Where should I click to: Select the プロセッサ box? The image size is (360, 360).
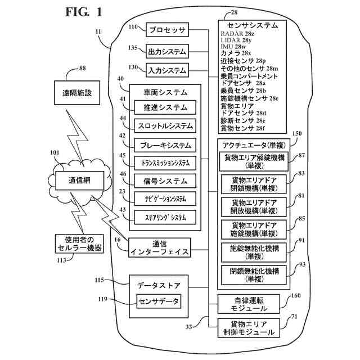tap(166, 29)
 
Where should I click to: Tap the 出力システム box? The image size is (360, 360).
tap(166, 51)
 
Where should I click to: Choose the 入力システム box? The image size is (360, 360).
tap(166, 71)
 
